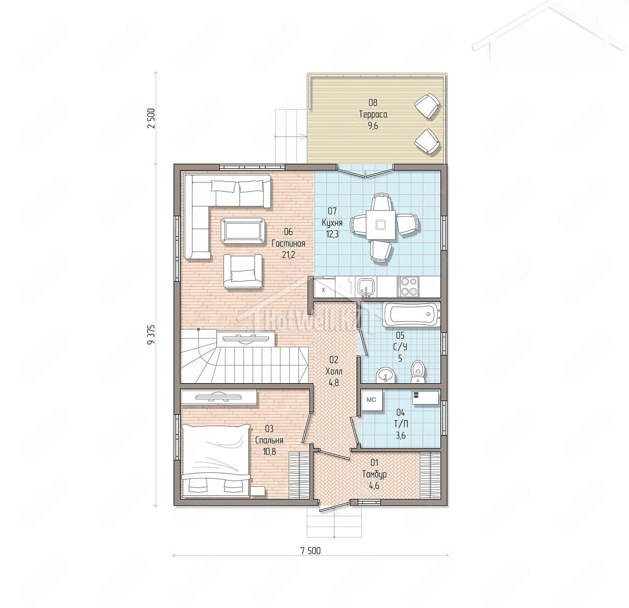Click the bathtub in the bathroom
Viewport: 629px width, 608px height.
411,314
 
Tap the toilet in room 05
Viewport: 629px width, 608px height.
419,372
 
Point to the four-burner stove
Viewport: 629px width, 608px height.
408,286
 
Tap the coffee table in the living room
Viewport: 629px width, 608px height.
243,230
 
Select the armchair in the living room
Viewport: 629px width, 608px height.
243,271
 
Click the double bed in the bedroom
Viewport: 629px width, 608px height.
215,461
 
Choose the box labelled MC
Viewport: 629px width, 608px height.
372,400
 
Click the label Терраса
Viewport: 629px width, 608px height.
373,114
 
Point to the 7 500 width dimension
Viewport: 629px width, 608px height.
311,551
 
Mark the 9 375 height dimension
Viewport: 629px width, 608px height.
151,335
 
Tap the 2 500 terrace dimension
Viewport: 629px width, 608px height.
151,118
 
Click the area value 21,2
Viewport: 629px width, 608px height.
288,255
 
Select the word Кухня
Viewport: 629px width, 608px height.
332,223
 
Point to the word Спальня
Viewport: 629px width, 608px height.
269,440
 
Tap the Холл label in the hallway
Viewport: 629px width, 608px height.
334,372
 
